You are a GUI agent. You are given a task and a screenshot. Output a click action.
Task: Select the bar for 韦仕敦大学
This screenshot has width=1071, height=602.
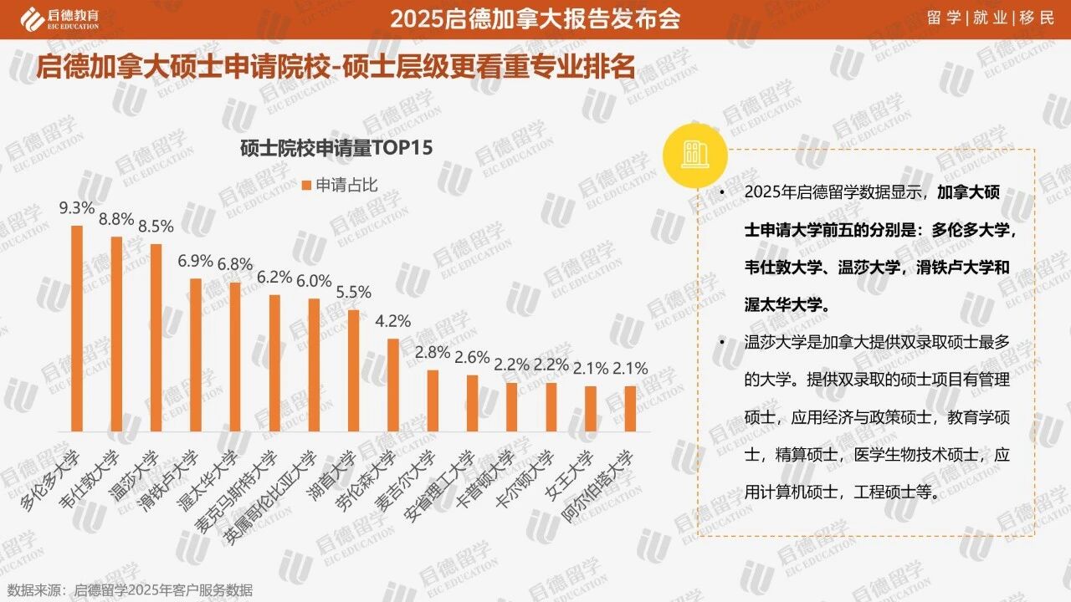(x=116, y=334)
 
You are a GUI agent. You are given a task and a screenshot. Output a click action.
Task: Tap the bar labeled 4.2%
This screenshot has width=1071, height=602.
(x=392, y=385)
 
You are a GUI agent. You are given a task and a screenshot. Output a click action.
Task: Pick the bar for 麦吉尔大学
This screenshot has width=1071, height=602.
(x=433, y=400)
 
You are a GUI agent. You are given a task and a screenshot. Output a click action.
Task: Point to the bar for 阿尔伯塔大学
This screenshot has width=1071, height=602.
(x=630, y=409)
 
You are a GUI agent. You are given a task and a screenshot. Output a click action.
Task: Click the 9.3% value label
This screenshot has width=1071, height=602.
(x=76, y=207)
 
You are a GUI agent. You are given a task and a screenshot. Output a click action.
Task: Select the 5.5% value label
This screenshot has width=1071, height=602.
(x=353, y=293)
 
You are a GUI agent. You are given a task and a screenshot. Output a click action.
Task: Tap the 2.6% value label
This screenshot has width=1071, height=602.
(x=472, y=357)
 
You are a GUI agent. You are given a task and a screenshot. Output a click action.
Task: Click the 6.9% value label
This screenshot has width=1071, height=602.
(x=195, y=261)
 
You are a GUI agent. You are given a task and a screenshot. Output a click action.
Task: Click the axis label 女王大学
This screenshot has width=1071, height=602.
(x=571, y=470)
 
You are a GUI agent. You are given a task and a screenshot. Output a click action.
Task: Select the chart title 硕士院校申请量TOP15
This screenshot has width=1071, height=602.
(x=336, y=149)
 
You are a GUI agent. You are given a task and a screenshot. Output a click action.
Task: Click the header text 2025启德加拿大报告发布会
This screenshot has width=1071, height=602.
(x=535, y=18)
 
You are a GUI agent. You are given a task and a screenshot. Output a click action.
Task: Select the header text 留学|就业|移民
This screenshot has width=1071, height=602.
(x=992, y=18)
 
